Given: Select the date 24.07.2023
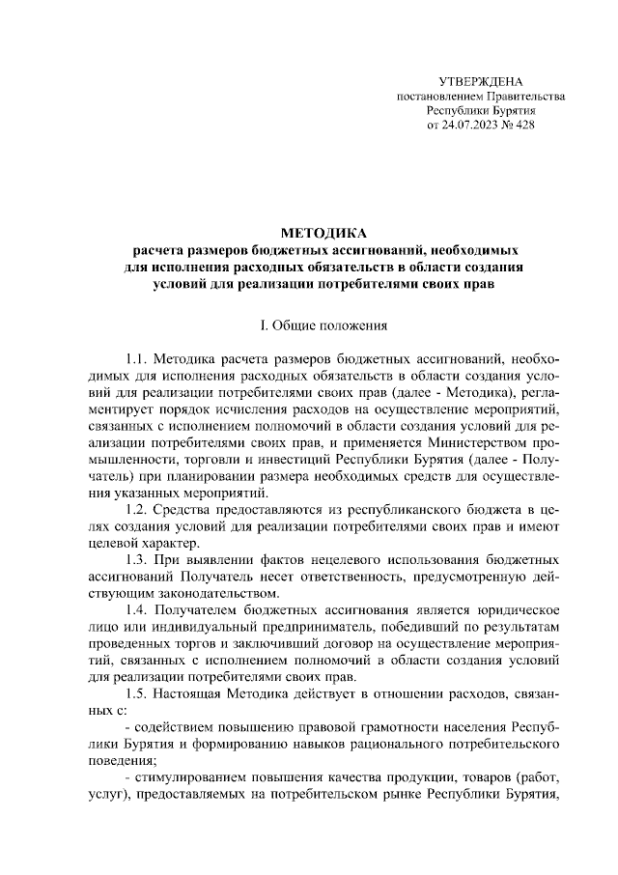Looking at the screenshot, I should coord(471,126).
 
